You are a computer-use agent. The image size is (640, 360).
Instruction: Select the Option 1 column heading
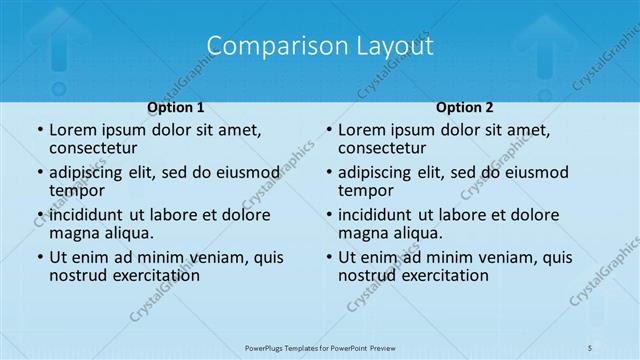[176, 107]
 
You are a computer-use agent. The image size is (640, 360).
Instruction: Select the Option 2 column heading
[465, 107]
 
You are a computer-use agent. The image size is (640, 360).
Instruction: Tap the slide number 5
[590, 346]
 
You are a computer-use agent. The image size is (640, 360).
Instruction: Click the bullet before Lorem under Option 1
[39, 131]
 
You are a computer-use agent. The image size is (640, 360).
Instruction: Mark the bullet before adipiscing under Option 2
[328, 173]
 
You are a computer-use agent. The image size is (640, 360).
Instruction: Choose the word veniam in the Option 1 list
[211, 257]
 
